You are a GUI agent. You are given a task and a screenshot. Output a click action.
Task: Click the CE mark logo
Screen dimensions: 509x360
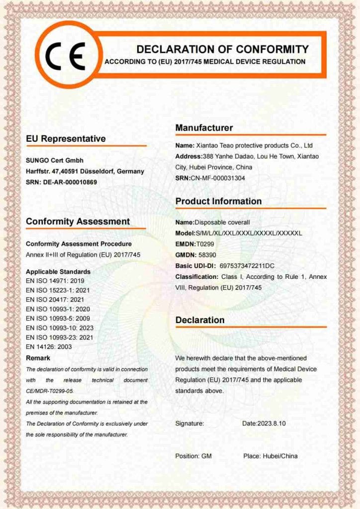coord(65,55)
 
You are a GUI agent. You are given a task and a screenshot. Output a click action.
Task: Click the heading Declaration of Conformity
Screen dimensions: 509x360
coord(222,49)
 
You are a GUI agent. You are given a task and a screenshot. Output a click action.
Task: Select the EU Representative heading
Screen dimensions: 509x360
coord(66,139)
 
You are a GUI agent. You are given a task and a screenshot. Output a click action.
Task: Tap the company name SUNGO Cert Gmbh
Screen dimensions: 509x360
coord(55,161)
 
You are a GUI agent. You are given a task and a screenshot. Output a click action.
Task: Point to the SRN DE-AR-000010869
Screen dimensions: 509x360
coord(73,182)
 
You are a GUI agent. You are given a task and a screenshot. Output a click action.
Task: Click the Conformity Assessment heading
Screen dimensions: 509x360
coord(78,222)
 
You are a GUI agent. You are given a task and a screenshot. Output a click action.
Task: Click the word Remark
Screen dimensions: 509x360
coord(38,358)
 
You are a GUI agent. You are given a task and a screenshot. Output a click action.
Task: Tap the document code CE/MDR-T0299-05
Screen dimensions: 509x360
coord(50,391)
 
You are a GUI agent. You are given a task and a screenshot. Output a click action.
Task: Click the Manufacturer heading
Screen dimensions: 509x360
coord(204,128)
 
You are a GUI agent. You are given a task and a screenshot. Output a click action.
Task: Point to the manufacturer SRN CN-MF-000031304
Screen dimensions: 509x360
coord(218,178)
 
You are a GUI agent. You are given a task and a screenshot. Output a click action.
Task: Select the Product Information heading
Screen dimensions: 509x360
coord(218,201)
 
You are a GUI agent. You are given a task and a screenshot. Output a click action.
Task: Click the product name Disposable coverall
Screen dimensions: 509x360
coord(222,222)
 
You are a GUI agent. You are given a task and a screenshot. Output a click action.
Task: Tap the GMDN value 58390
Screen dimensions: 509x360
coord(206,254)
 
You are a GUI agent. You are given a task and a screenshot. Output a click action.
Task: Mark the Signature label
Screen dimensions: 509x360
coord(189,424)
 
